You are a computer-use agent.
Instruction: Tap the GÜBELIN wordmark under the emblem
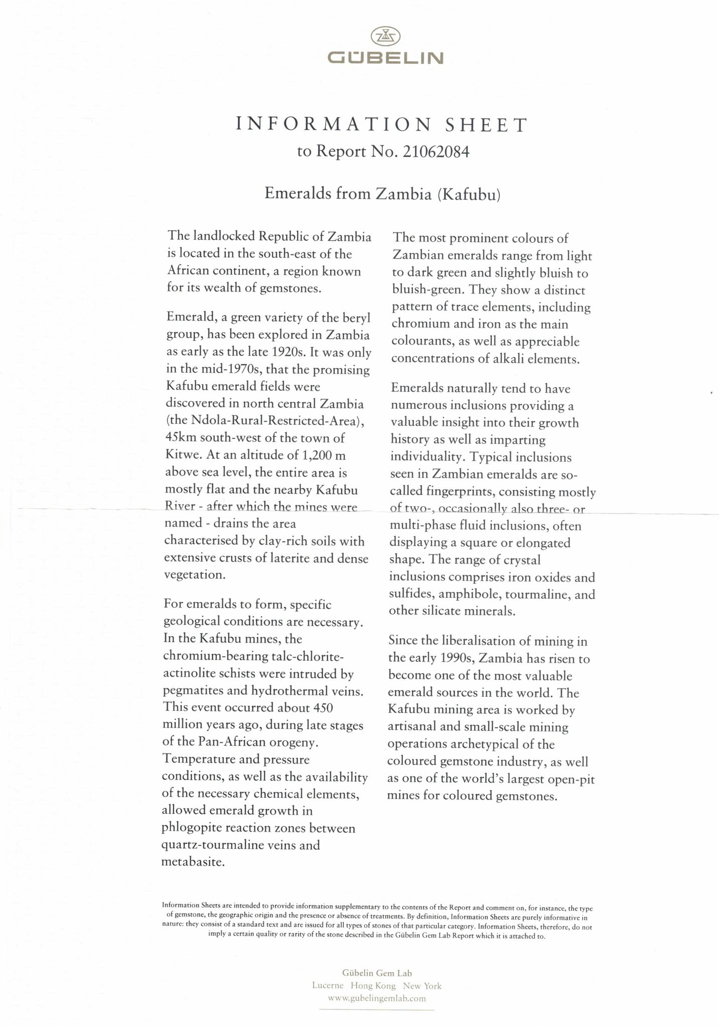(385, 59)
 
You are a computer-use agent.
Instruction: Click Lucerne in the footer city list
(328, 985)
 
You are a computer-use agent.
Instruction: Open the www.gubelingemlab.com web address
(377, 998)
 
